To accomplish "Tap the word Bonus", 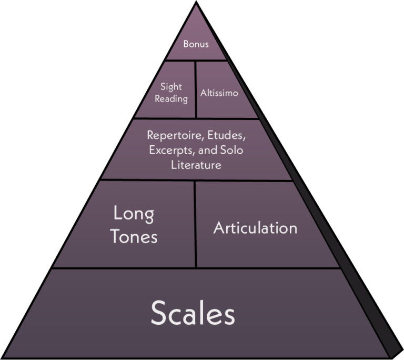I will tap(196, 44).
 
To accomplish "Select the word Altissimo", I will tap(219, 93).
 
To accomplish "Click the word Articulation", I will tap(255, 228).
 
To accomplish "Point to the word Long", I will tap(134, 214).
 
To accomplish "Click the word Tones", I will tap(134, 236).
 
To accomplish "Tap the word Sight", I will tap(171, 87).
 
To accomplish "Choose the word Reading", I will tap(171, 99).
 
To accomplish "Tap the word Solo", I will tap(231, 150).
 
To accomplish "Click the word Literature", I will tap(196, 165).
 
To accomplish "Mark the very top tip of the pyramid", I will tap(196, 5).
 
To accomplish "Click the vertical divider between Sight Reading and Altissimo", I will tap(196, 89).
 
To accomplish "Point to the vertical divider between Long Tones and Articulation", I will tap(196, 224).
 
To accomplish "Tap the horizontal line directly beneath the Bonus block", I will tap(196, 60).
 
